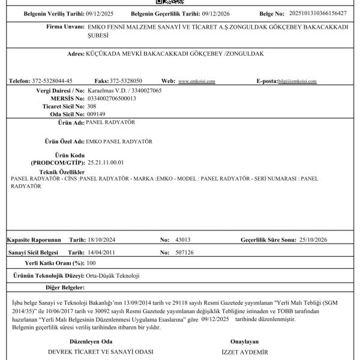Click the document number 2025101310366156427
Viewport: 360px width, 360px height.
[x=318, y=13]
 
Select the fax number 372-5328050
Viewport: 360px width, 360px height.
[x=127, y=80]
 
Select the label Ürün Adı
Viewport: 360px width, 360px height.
[x=69, y=122]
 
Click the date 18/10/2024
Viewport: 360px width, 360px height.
[x=100, y=239]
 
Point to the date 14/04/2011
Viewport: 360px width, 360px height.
[x=100, y=253]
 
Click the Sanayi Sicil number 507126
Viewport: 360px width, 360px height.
[x=184, y=253]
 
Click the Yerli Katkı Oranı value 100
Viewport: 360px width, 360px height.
[x=91, y=263]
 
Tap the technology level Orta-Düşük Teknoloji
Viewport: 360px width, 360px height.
[x=113, y=275]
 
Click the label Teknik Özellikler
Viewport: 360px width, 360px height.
[x=59, y=172]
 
